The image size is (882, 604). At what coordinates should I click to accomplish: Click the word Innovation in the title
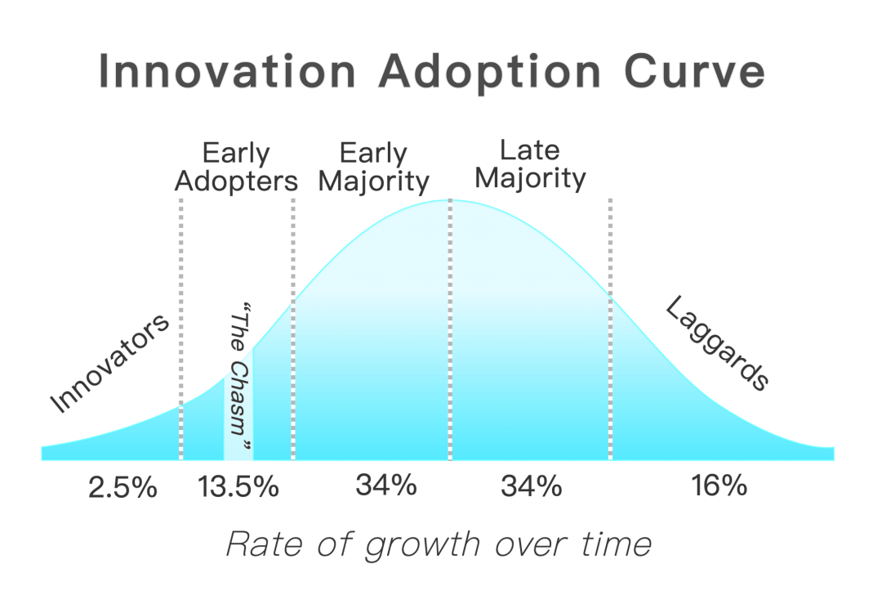coord(227,72)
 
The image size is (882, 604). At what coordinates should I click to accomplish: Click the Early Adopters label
coord(236,167)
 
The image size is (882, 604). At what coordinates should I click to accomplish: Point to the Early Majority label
coord(373,167)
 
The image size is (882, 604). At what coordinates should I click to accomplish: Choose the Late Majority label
coord(530,163)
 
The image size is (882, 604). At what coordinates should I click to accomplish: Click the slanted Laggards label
coord(717,342)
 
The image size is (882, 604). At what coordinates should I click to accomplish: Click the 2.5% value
coord(122,488)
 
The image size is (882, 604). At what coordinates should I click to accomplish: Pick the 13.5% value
coord(238,488)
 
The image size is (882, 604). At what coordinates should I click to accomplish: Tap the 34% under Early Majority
coord(386,485)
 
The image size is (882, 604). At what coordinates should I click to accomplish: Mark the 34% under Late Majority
coord(532,487)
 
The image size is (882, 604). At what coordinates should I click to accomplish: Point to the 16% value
coord(719,485)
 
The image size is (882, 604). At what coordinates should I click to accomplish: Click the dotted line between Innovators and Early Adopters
coord(180,327)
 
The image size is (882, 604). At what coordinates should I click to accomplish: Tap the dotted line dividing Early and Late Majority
coord(450,327)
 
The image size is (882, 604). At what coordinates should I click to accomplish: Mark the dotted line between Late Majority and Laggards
coord(610,327)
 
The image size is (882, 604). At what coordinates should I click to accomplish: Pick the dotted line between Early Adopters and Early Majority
coord(293,327)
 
